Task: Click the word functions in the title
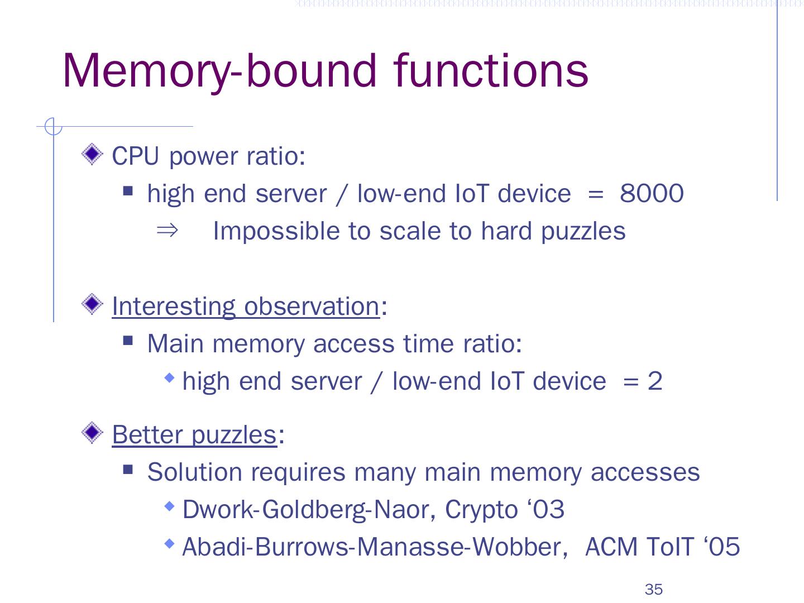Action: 491,71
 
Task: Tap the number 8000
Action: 652,194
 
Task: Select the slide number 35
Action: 653,589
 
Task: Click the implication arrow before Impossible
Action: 167,230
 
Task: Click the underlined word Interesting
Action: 174,306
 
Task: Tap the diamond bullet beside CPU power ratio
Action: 92,154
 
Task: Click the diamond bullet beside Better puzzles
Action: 92,433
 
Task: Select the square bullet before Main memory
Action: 128,341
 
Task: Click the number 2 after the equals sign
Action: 654,381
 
